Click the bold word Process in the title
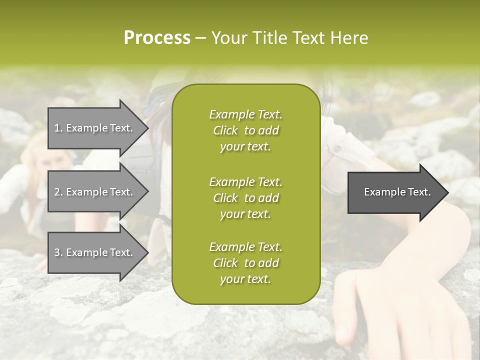(x=157, y=38)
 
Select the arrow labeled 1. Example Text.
(x=95, y=128)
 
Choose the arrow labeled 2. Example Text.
(x=95, y=192)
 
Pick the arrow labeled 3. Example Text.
(x=95, y=252)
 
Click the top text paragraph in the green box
(x=245, y=130)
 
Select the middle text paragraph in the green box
(x=245, y=198)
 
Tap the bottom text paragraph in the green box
(x=245, y=263)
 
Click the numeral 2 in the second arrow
(x=56, y=192)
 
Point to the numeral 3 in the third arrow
(x=56, y=252)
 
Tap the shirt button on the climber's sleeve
(x=336, y=148)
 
